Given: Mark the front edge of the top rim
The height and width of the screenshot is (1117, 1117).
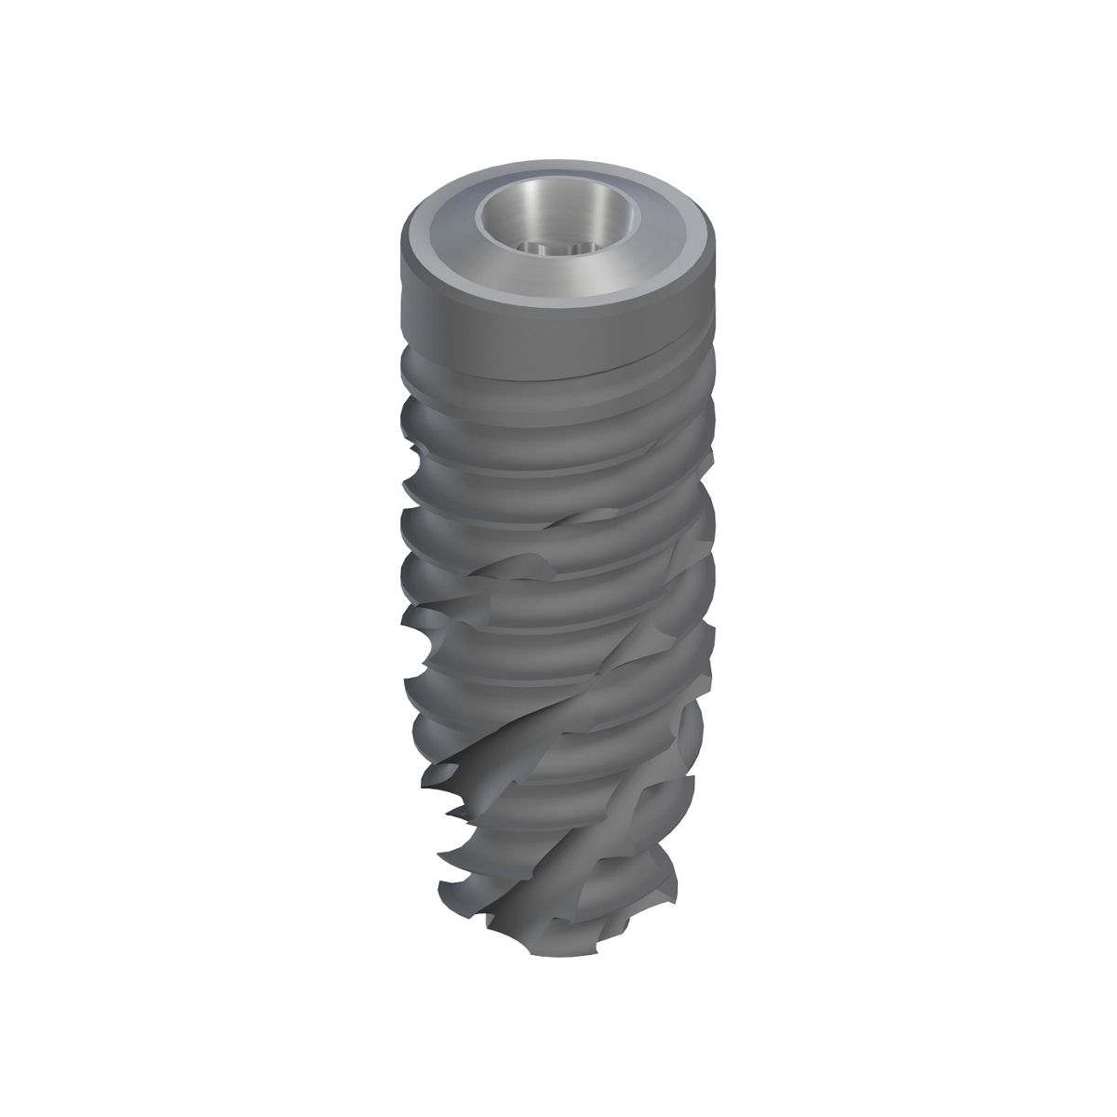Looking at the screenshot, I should click(x=558, y=300).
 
